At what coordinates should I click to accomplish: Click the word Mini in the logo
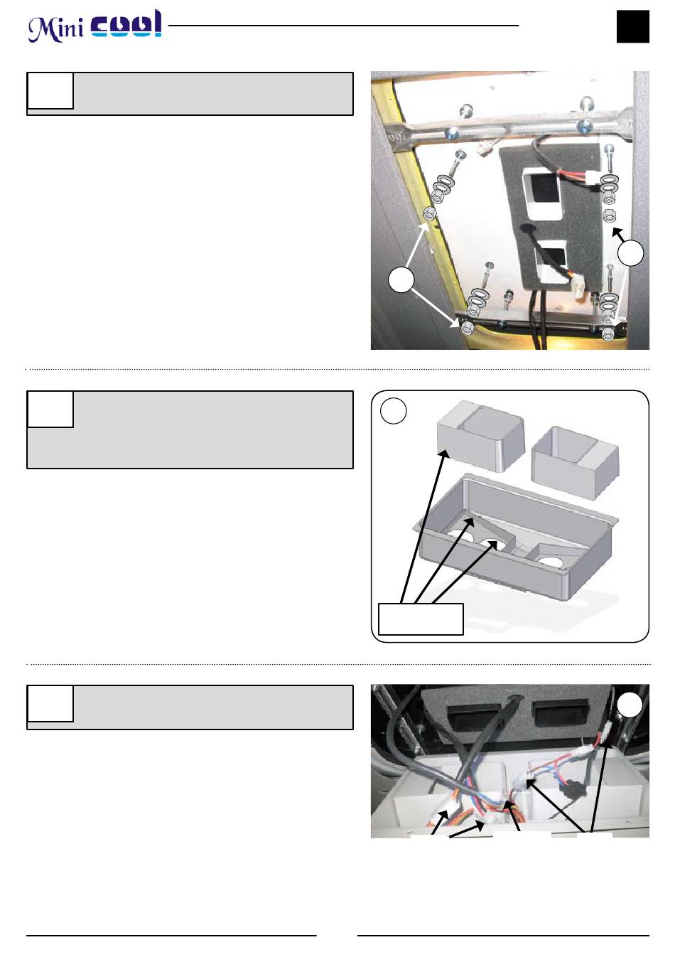[x=55, y=29]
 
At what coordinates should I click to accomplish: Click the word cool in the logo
[x=126, y=24]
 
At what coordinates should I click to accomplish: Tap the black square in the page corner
[x=632, y=26]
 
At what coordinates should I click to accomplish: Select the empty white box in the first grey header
[x=50, y=90]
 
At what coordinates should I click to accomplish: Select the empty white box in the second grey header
[x=50, y=410]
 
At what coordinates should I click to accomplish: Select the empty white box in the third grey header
[x=50, y=703]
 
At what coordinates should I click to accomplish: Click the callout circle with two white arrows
[x=401, y=280]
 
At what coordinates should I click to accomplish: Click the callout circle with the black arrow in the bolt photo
[x=630, y=253]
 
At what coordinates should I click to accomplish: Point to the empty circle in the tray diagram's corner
[x=394, y=411]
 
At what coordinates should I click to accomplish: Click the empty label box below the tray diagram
[x=421, y=619]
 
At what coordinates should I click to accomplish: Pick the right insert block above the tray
[x=575, y=463]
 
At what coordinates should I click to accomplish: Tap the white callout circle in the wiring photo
[x=630, y=705]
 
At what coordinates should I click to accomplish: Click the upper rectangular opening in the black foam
[x=541, y=193]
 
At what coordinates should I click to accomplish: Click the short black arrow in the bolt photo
[x=618, y=234]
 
